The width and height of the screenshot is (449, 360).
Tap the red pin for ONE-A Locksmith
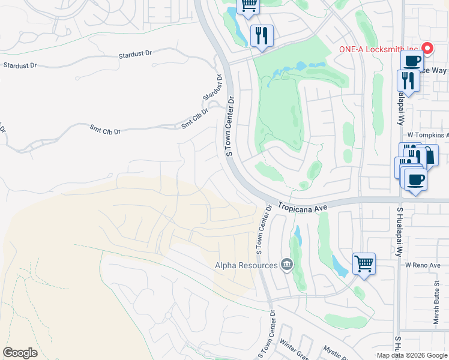[427, 49]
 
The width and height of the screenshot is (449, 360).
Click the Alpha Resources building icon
[287, 265]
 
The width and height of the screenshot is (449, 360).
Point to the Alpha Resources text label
[247, 265]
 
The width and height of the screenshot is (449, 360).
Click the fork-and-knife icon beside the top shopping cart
[262, 35]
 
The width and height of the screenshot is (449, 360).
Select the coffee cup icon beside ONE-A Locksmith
[412, 61]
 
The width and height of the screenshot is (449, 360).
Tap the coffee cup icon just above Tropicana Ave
[415, 179]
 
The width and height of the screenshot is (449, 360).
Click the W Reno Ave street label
[423, 265]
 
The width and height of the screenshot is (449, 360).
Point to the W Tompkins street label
[427, 136]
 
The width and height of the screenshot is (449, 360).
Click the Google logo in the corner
[20, 352]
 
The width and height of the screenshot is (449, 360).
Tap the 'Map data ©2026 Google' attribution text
[412, 355]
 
